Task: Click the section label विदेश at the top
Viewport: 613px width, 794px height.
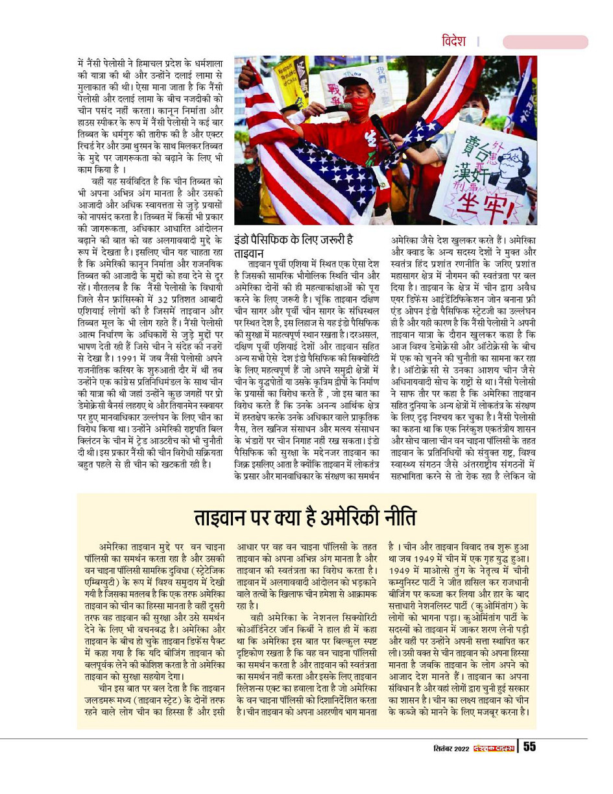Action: tap(453, 41)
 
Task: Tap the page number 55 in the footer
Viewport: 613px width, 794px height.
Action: tap(529, 747)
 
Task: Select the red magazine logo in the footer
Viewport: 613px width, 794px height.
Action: tap(494, 747)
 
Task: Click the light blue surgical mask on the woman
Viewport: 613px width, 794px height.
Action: tap(472, 116)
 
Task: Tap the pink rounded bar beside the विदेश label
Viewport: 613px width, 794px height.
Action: tap(545, 42)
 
